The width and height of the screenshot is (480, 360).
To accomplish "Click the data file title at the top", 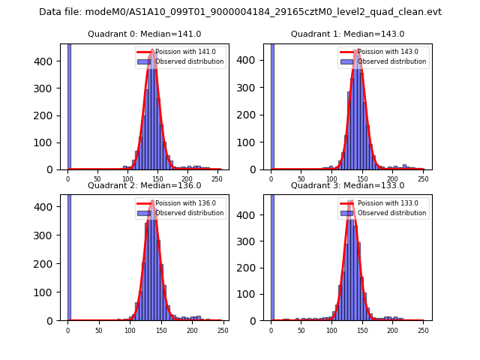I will coord(240,12).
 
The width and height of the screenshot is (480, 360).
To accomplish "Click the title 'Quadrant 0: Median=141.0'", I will coord(144,34).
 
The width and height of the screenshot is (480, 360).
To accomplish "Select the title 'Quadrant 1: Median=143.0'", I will coord(347,34).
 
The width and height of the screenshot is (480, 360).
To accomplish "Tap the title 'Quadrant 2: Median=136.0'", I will coord(144,185).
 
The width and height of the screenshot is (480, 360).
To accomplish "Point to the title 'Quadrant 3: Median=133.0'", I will coord(347,185).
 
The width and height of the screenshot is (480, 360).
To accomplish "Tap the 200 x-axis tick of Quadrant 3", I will coord(392,329).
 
